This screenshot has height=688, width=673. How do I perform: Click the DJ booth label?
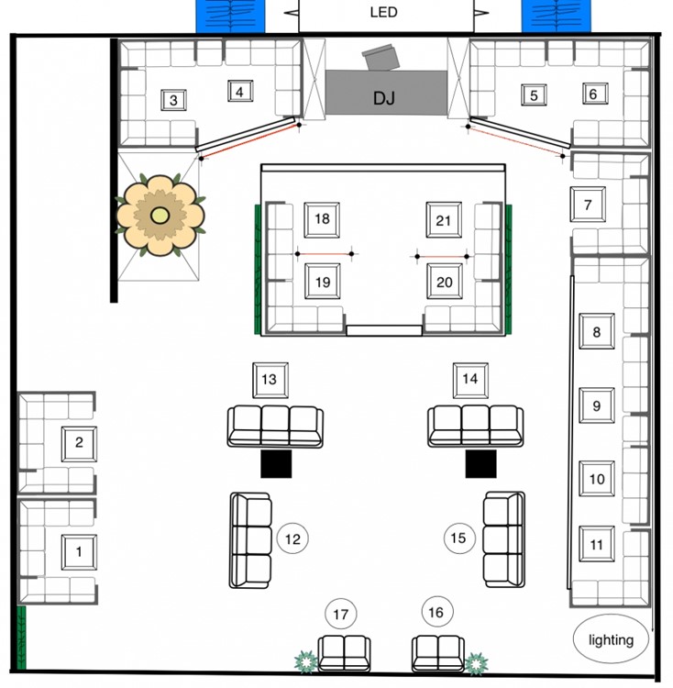click(384, 97)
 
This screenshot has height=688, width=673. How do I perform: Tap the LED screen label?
click(383, 12)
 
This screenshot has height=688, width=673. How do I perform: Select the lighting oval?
click(611, 639)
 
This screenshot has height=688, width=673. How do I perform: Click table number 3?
click(173, 100)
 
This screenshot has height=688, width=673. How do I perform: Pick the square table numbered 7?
click(588, 205)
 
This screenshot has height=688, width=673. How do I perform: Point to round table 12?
click(292, 539)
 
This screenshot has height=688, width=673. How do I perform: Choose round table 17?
click(341, 614)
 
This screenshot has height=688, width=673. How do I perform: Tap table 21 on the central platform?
click(444, 220)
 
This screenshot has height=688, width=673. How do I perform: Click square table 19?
click(322, 282)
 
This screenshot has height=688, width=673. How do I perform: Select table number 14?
click(469, 379)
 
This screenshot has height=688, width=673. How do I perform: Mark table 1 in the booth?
click(79, 551)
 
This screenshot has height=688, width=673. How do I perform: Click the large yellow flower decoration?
click(160, 216)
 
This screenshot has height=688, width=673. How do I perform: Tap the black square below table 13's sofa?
click(276, 463)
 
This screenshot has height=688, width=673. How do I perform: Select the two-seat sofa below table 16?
click(437, 653)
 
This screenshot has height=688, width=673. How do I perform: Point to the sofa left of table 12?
click(250, 539)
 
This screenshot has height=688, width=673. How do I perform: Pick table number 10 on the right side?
click(597, 479)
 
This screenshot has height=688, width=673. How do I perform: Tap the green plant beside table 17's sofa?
click(303, 660)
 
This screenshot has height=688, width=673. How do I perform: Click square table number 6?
click(593, 94)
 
